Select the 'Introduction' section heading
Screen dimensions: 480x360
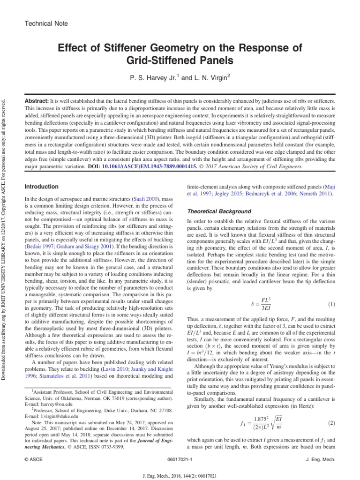tap(42, 187)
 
